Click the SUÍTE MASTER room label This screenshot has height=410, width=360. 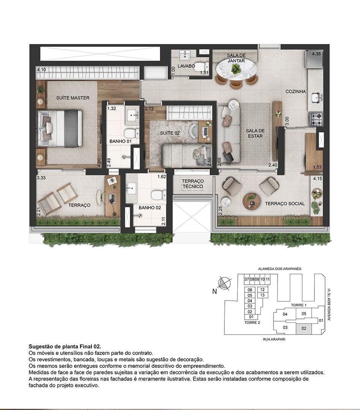[x=73, y=98]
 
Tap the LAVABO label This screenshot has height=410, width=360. [x=186, y=66]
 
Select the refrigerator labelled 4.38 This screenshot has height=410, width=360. [x=315, y=59]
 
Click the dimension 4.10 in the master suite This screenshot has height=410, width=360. [x=41, y=69]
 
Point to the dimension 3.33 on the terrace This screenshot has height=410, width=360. [x=41, y=178]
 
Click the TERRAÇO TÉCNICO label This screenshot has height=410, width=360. [x=193, y=184]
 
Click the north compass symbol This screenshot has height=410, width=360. [x=224, y=283]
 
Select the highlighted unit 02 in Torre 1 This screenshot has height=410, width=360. [x=304, y=328]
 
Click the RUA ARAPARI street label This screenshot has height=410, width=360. [x=274, y=339]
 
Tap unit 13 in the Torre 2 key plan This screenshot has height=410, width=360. [x=262, y=295]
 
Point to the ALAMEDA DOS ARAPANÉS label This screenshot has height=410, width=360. [x=276, y=268]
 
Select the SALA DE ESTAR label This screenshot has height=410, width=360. [x=255, y=133]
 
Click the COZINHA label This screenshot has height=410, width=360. [x=296, y=91]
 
